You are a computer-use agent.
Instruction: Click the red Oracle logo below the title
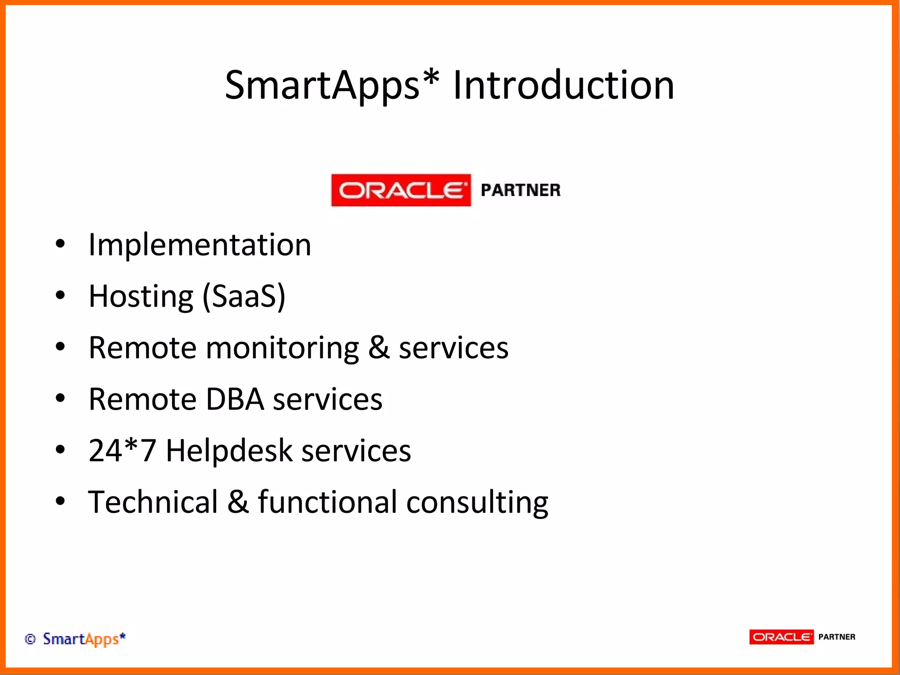coord(401,190)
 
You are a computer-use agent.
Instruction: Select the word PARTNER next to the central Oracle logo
coord(521,190)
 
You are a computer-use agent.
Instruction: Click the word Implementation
coord(200,245)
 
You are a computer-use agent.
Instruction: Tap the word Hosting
coord(141,297)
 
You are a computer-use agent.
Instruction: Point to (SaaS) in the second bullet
coord(244,297)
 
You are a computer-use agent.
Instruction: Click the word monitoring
coord(282,348)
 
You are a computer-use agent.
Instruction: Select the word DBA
coord(235,399)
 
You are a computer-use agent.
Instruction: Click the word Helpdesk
coord(229,451)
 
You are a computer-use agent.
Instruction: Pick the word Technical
coord(153,502)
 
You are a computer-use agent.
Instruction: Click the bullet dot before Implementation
coord(60,244)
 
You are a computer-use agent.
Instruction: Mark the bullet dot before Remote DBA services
coord(60,398)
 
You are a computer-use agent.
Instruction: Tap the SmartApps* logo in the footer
coord(84,639)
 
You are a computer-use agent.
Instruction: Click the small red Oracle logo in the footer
coord(781,637)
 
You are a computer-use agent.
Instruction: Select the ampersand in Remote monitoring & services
coord(379,348)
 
